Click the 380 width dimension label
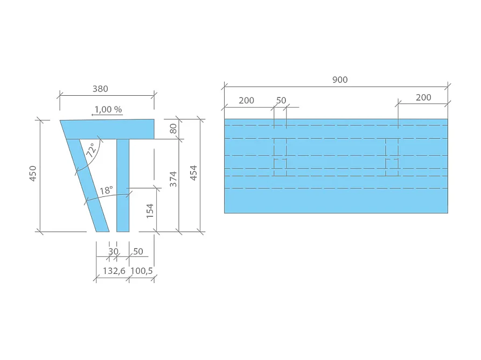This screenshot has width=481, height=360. pos(107,88)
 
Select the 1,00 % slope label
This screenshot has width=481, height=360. pos(108,109)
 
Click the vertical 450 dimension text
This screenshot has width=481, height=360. pos(32,175)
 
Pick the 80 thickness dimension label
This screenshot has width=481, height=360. pos(173,129)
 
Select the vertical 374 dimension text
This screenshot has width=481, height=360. pos(173,179)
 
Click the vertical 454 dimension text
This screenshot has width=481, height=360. pos(194,172)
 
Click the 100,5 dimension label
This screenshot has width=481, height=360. pos(142,271)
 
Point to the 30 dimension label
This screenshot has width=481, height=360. pos(113,251)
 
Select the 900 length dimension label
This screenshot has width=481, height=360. pos(340,80)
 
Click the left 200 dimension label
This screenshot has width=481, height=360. pos(246,100)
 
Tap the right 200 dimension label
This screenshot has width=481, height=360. pos(423,97)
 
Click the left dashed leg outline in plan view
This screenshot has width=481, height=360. pos(280,157)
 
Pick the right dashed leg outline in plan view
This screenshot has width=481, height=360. pos(392,157)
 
